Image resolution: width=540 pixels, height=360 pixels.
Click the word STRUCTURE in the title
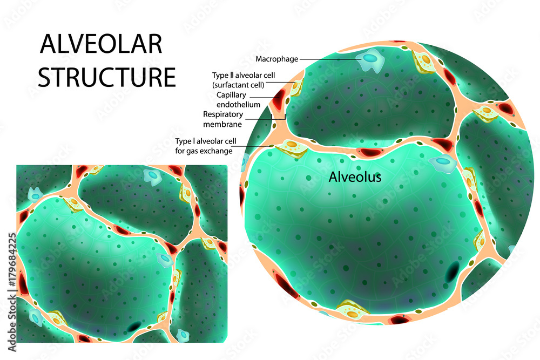pos(107,77)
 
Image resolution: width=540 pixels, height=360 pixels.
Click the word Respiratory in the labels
pos(223,114)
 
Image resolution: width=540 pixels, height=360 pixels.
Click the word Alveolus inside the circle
pos(355,177)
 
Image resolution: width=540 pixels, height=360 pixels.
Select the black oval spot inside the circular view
pos(453,273)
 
